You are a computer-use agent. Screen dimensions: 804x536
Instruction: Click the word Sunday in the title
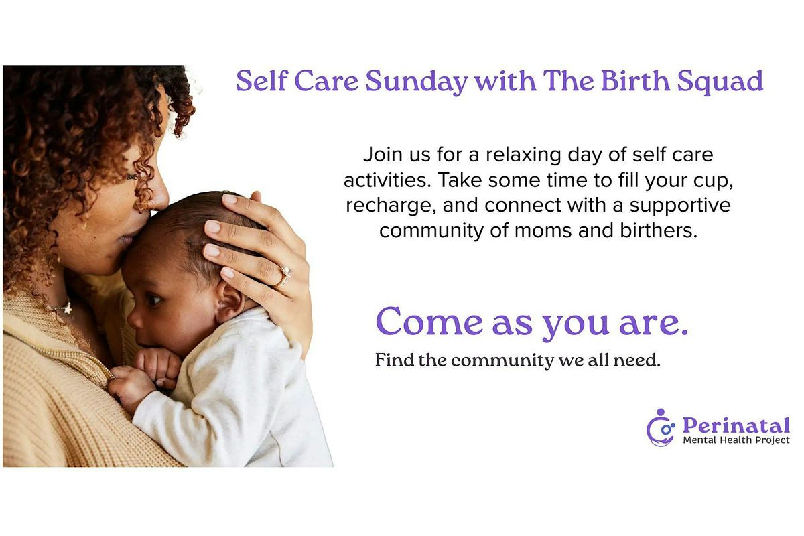pyautogui.click(x=416, y=82)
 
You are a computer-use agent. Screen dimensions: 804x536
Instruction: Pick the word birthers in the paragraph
pyautogui.click(x=659, y=230)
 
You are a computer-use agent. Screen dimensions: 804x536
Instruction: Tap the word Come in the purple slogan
pyautogui.click(x=429, y=322)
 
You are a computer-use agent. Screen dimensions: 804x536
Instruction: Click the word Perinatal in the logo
pyautogui.click(x=736, y=425)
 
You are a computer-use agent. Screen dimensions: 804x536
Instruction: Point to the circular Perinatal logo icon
pyautogui.click(x=661, y=427)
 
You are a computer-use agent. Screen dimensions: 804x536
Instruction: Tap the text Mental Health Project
pyautogui.click(x=736, y=440)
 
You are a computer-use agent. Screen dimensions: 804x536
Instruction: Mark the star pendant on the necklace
pyautogui.click(x=67, y=308)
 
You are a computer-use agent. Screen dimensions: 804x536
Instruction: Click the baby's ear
pyautogui.click(x=230, y=299)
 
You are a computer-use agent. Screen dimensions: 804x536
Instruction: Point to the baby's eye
pyautogui.click(x=155, y=299)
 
